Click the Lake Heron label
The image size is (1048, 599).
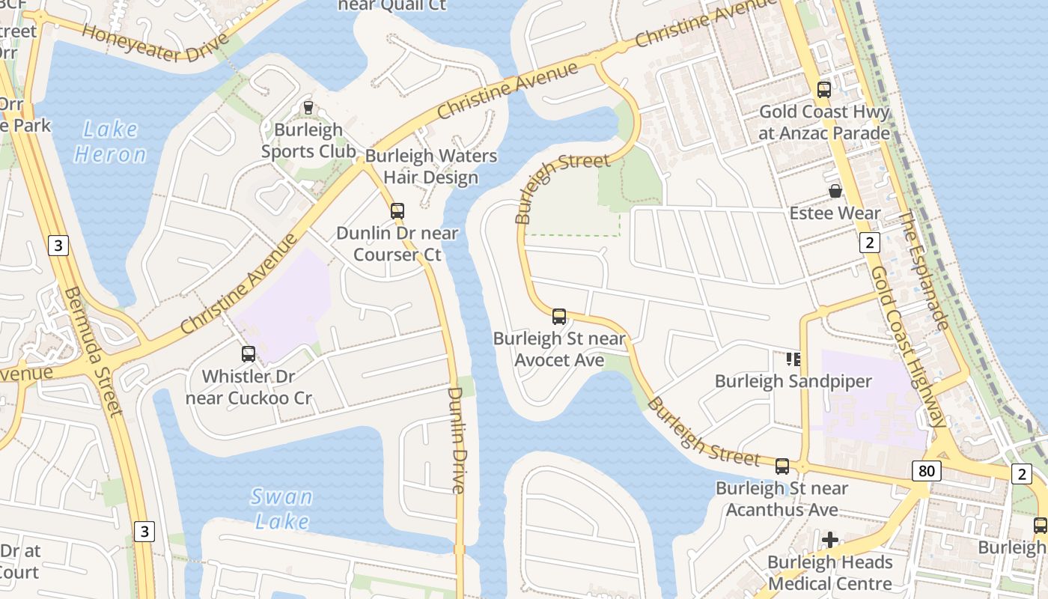click(110, 142)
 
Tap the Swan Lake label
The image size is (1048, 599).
click(281, 508)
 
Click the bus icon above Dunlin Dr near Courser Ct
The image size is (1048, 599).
click(397, 211)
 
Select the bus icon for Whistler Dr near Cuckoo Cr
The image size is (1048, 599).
click(249, 353)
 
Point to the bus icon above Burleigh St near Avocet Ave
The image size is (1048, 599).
click(559, 316)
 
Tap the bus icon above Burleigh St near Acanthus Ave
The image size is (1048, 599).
click(782, 466)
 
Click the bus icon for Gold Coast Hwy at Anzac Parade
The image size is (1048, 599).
click(824, 90)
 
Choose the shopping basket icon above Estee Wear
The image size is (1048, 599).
click(835, 192)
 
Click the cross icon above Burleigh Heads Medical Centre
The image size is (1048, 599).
click(829, 540)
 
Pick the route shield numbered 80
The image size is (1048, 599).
click(926, 471)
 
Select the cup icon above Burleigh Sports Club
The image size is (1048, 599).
click(308, 108)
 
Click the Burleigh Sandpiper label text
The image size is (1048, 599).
click(793, 381)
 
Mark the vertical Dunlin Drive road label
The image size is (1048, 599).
click(457, 440)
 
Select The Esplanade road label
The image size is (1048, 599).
click(924, 271)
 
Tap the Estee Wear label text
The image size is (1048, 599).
click(835, 213)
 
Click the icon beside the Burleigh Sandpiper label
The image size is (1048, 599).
click(793, 359)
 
